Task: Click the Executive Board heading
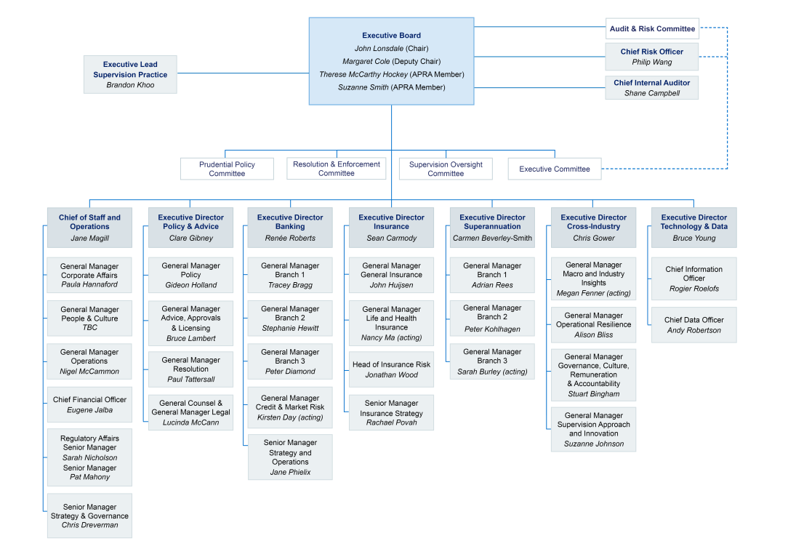click(391, 36)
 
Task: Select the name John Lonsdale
click(378, 49)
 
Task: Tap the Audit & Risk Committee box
click(652, 29)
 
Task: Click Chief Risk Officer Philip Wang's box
click(651, 57)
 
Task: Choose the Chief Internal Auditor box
click(651, 87)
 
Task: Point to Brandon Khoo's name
click(130, 85)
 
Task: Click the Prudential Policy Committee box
click(227, 169)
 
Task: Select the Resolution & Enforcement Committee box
click(336, 169)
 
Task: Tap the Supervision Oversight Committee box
click(446, 169)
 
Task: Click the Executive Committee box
click(555, 169)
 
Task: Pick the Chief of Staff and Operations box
click(89, 227)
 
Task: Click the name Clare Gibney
click(190, 238)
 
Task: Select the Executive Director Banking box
click(290, 227)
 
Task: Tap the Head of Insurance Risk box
click(391, 369)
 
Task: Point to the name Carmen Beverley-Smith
click(492, 238)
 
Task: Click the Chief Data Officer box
click(693, 324)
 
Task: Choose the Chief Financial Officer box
click(89, 404)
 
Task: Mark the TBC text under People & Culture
click(89, 328)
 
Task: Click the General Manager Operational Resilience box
click(593, 325)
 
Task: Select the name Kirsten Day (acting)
click(290, 417)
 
